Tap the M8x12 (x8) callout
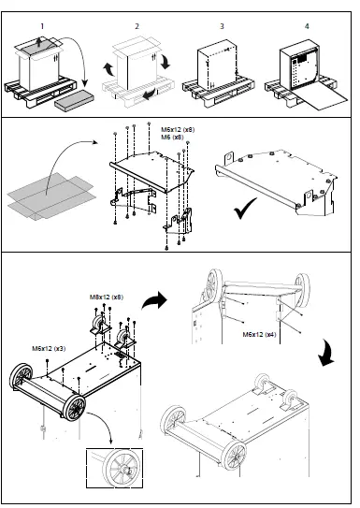pyautogui.click(x=106, y=298)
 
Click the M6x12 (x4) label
pyautogui.click(x=259, y=333)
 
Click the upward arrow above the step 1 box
pyautogui.click(x=37, y=40)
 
